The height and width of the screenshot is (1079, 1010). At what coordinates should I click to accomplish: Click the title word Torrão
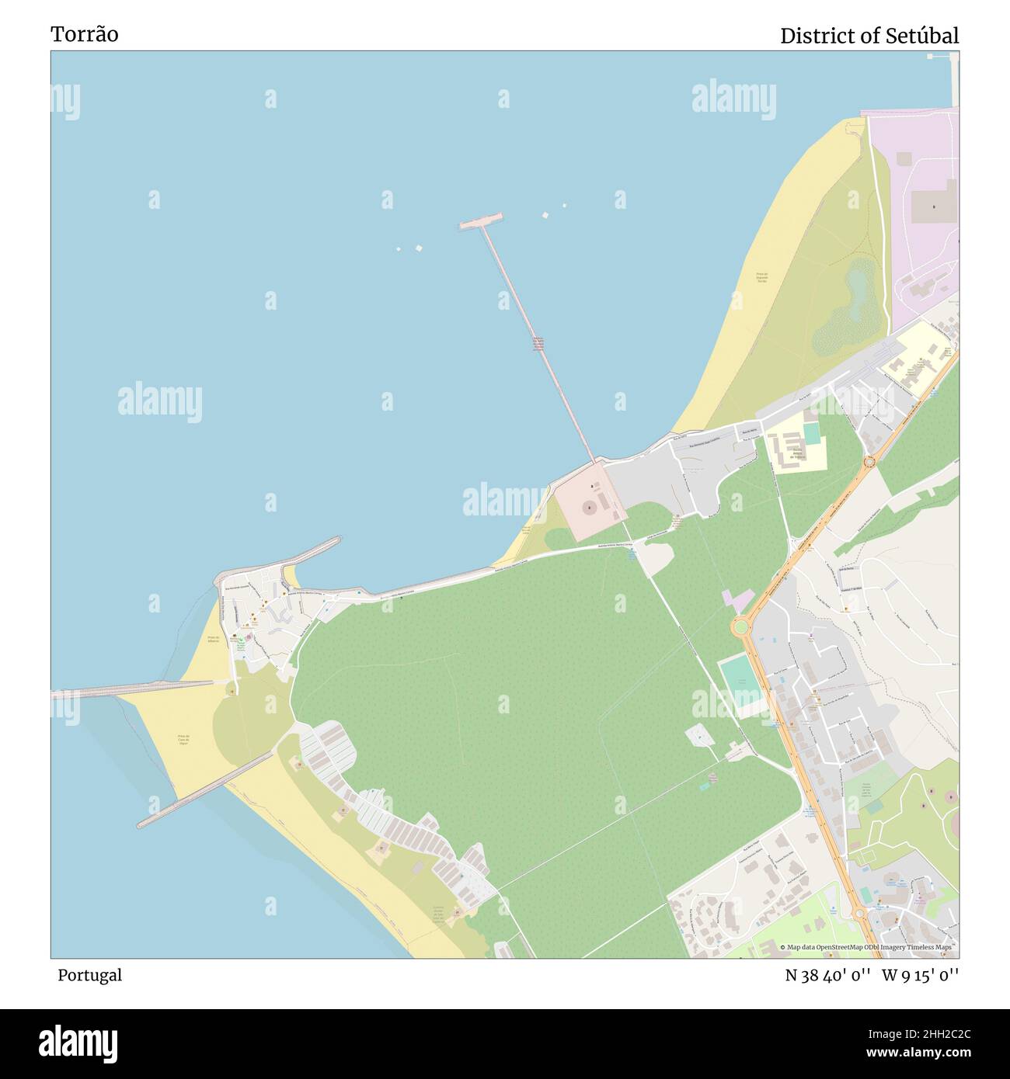pyautogui.click(x=85, y=34)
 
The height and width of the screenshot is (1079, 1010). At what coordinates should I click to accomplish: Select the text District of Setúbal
pyautogui.click(x=869, y=36)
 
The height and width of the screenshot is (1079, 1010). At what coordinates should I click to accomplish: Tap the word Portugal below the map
pyautogui.click(x=89, y=975)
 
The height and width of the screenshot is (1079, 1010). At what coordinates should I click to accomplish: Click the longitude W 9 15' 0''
pyautogui.click(x=920, y=976)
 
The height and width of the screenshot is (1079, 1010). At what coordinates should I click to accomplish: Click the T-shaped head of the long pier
pyautogui.click(x=481, y=221)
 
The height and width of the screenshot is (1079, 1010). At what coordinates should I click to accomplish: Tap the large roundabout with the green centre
pyautogui.click(x=741, y=626)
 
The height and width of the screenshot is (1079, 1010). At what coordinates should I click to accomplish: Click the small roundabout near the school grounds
pyautogui.click(x=869, y=461)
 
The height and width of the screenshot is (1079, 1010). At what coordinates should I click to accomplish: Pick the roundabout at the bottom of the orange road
pyautogui.click(x=860, y=913)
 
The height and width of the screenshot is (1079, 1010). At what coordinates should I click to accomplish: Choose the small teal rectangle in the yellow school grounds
pyautogui.click(x=812, y=432)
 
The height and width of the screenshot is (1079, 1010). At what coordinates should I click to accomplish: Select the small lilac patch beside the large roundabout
pyautogui.click(x=737, y=599)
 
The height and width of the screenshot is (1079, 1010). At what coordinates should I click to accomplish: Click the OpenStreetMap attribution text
pyautogui.click(x=869, y=947)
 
